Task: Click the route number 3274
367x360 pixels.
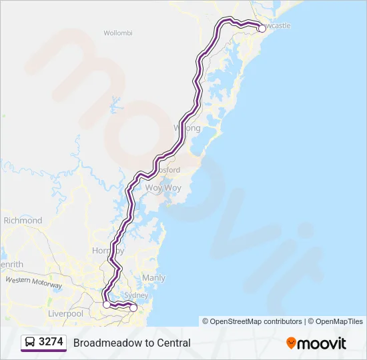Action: coord(51,342)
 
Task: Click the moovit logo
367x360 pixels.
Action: coord(316,343)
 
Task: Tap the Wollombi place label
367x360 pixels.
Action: coord(119,32)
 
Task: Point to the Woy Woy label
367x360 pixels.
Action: coord(163,188)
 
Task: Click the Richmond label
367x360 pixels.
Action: coord(23,220)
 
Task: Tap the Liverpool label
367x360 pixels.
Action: coord(65,313)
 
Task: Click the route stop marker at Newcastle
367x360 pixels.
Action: coord(262,29)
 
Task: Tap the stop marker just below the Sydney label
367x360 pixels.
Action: coord(133,307)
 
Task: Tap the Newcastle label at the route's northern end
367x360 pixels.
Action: coord(276,25)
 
